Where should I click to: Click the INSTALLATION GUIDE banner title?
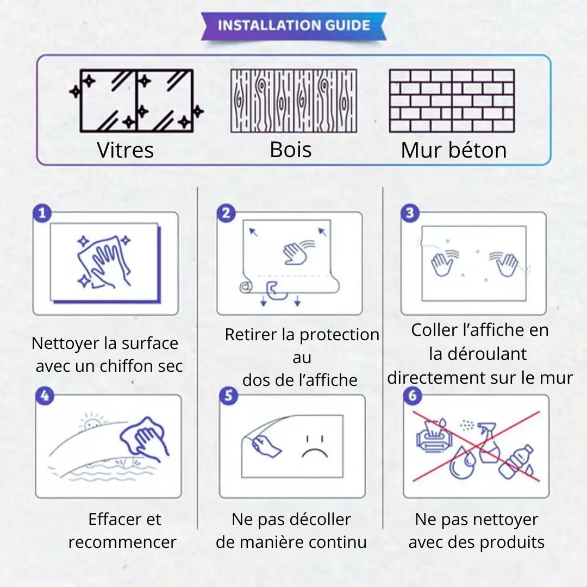[x=294, y=26]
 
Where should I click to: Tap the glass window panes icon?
[x=136, y=101]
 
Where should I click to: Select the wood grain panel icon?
[x=293, y=101]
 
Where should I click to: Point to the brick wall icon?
[x=452, y=101]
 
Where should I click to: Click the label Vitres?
[x=126, y=150]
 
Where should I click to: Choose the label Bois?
[x=291, y=150]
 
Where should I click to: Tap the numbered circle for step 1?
[x=42, y=213]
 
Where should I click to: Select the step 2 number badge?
[x=226, y=213]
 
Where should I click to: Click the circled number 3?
[x=410, y=213]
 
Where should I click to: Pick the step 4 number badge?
[x=45, y=396]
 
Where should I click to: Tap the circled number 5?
[x=229, y=396]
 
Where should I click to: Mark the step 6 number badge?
[x=413, y=396]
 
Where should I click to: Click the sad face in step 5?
[x=315, y=447]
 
